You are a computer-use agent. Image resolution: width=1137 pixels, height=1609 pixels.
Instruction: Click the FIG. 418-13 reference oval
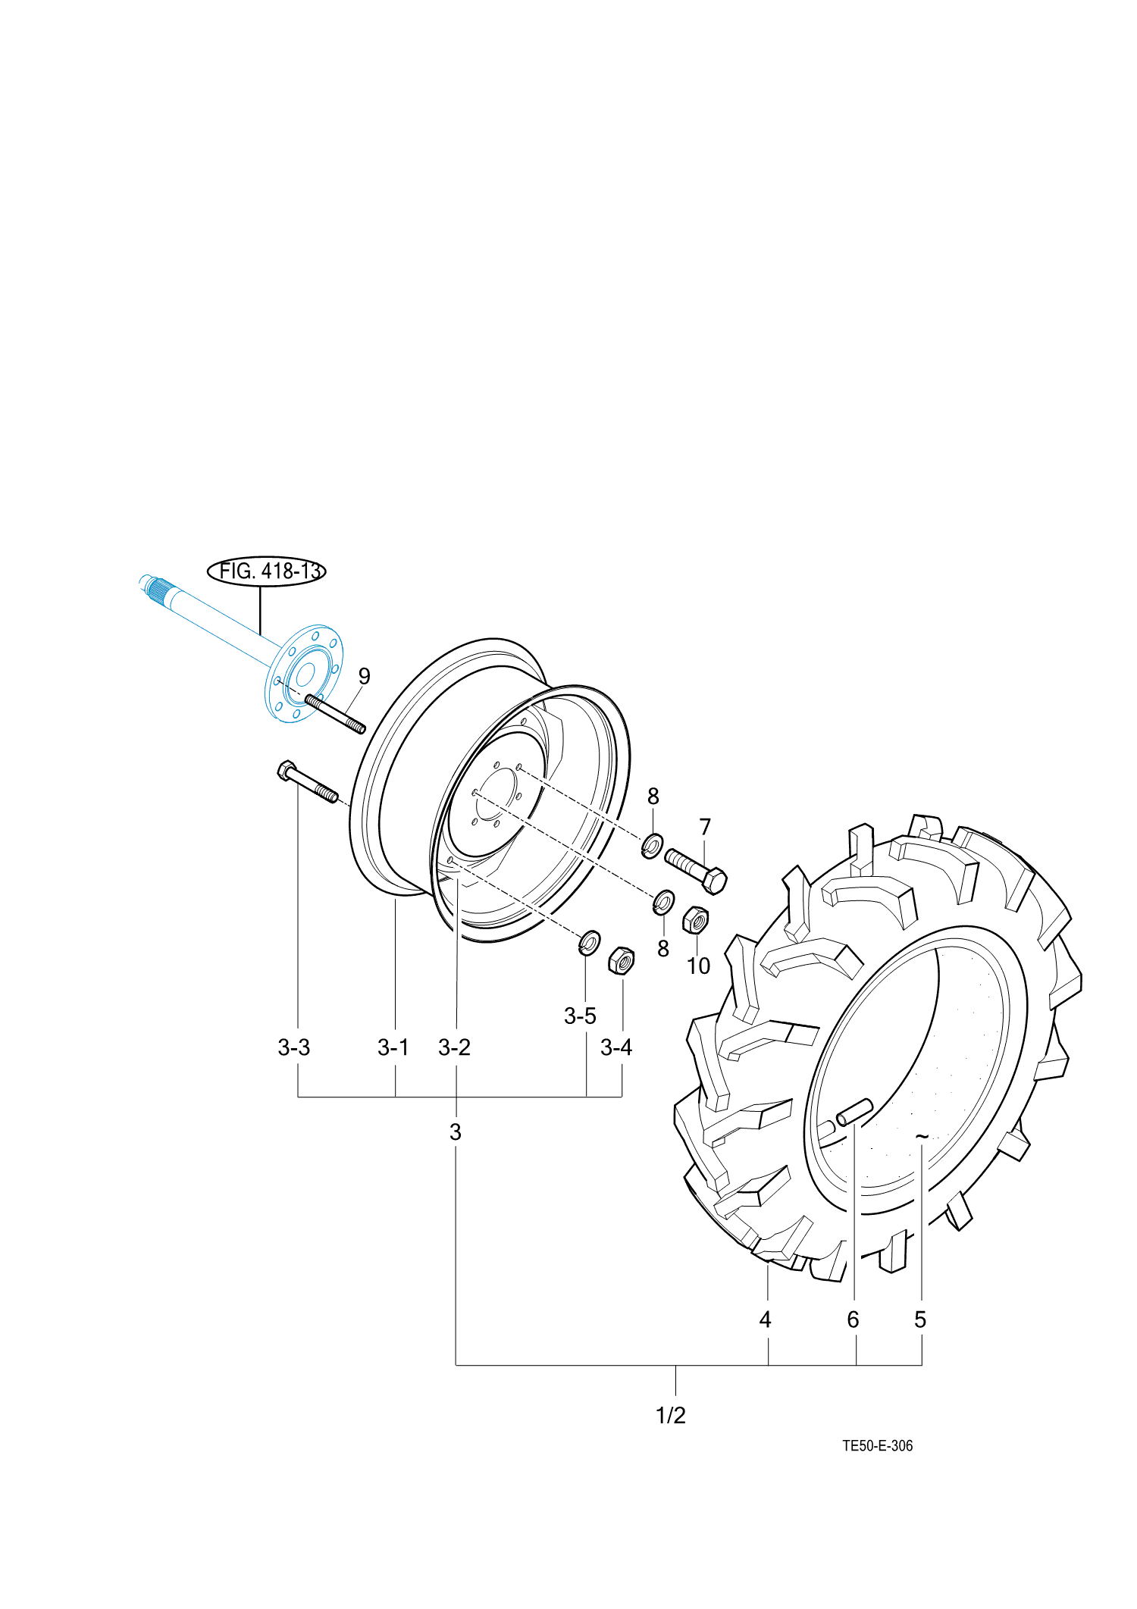pos(266,571)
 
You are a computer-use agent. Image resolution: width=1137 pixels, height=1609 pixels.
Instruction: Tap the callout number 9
pos(364,676)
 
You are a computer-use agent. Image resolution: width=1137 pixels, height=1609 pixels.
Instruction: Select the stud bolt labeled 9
pos(335,714)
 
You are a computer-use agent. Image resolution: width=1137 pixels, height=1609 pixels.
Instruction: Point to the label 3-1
pos(393,1047)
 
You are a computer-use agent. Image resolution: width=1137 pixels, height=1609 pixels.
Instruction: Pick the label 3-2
pos(454,1047)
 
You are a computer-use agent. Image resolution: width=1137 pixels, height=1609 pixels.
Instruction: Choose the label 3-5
pos(580,1016)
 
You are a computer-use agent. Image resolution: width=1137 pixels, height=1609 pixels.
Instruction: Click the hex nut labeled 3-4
pos(621,961)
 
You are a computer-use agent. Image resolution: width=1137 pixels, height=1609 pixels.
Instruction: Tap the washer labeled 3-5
pos(589,943)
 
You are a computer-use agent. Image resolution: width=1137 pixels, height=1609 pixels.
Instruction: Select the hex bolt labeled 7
pos(696,870)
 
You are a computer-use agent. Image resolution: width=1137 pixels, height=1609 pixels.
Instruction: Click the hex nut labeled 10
pos(695,920)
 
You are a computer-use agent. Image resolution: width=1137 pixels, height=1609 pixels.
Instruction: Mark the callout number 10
pos(698,966)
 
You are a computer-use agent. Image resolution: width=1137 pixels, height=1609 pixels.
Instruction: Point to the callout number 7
pos(705,827)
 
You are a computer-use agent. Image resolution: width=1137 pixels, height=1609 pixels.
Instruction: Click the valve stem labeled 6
pos(854,1113)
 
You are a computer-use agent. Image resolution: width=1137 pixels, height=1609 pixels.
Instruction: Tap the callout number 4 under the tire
pos(765,1319)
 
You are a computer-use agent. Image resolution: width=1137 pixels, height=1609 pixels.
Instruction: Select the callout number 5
pos(920,1319)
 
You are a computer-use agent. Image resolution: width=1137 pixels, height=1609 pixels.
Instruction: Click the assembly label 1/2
pos(671,1415)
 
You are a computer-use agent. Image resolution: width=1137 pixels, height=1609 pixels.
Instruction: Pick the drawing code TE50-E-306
pos(877,1445)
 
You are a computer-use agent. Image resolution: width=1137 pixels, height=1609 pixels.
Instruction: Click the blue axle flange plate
pos(304,674)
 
